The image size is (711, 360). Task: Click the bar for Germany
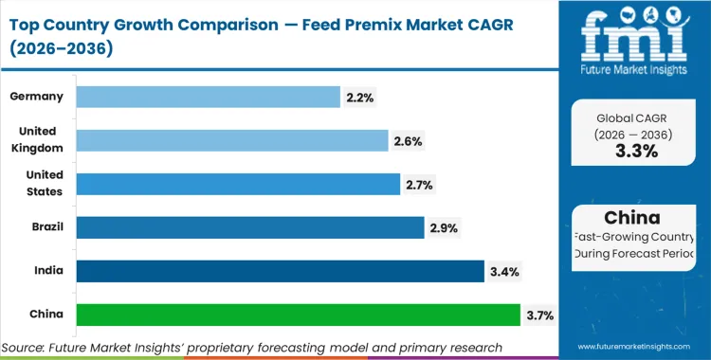click(x=208, y=97)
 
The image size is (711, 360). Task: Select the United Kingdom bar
click(x=232, y=140)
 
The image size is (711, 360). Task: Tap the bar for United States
click(x=237, y=184)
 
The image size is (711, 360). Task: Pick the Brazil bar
click(x=249, y=227)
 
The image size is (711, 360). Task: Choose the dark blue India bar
click(x=280, y=271)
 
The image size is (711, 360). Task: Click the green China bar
click(x=298, y=315)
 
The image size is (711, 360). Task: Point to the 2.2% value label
click(x=361, y=98)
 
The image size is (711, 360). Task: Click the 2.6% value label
click(x=408, y=141)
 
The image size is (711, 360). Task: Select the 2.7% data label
click(x=419, y=185)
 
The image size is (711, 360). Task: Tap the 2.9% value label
click(x=443, y=228)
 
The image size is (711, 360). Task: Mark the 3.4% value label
click(x=504, y=272)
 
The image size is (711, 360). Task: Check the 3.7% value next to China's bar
click(x=540, y=315)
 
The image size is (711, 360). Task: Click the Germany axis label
click(x=36, y=97)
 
